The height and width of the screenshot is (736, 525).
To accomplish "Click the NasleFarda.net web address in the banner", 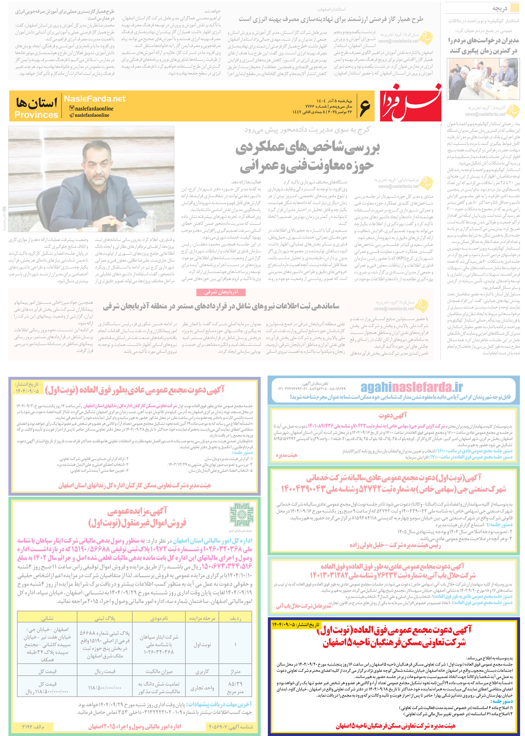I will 94,99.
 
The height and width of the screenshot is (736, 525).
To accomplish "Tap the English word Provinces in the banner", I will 36,115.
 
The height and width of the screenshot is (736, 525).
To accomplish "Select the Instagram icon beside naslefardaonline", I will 72,108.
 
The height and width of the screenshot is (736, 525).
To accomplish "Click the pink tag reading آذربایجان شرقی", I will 221,292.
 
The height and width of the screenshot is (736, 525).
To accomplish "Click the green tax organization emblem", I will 241,515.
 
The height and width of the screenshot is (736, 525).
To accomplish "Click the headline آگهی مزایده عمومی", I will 137,511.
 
